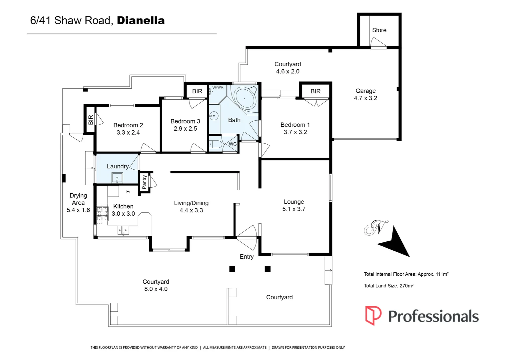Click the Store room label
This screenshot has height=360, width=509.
pyautogui.click(x=379, y=30)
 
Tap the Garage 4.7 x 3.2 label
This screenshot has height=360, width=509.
pyautogui.click(x=365, y=95)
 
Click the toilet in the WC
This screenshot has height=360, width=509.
pyautogui.click(x=216, y=144)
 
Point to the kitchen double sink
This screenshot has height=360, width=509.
pyautogui.click(x=123, y=230)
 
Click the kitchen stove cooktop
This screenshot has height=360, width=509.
pyautogui.click(x=102, y=214)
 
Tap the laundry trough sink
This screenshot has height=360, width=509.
pyautogui.click(x=117, y=178)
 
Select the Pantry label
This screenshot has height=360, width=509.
pyautogui.click(x=144, y=182)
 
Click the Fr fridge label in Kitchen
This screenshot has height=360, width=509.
pyautogui.click(x=129, y=192)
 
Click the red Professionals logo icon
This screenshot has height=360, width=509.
pyautogui.click(x=373, y=315)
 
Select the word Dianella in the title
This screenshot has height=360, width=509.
pyautogui.click(x=141, y=21)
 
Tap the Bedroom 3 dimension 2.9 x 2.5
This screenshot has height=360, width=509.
pyautogui.click(x=185, y=129)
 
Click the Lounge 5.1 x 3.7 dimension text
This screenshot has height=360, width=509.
pyautogui.click(x=294, y=209)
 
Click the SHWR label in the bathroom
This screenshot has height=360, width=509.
pyautogui.click(x=218, y=87)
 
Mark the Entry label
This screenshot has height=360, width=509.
pyautogui.click(x=247, y=257)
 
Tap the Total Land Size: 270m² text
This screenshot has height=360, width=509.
pyautogui.click(x=388, y=286)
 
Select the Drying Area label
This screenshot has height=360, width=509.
pyautogui.click(x=78, y=199)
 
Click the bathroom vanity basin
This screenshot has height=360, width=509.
pyautogui.click(x=214, y=116)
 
